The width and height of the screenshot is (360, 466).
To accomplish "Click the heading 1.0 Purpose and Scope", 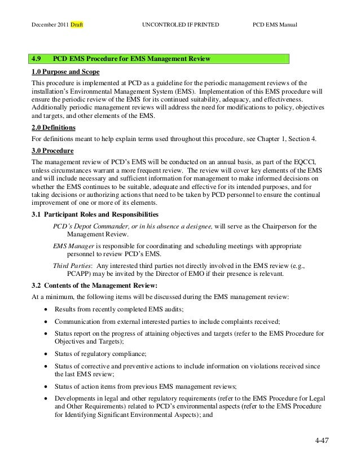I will [62, 72].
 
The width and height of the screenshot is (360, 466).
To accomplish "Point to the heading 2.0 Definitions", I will [54, 128].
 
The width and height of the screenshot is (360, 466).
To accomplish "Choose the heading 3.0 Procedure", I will [51, 151].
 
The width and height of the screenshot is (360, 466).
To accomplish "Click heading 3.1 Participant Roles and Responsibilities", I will [95, 215].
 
